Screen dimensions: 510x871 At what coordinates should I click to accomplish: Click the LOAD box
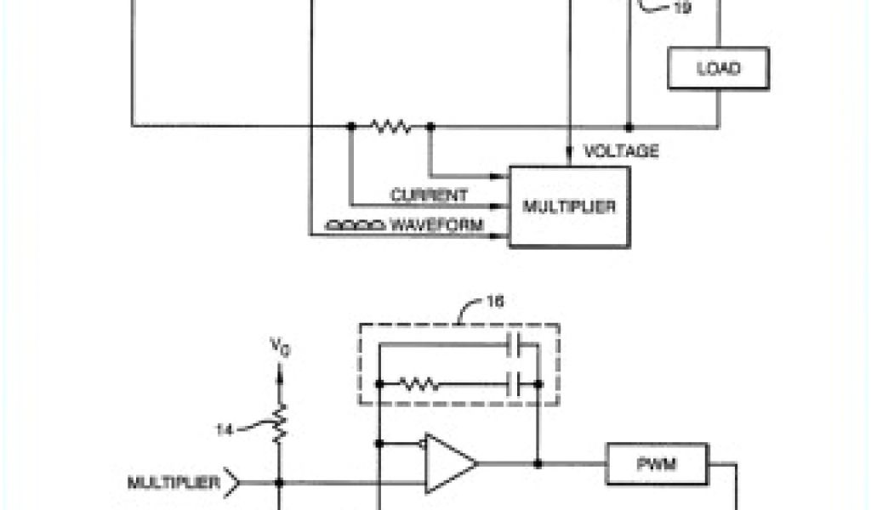tap(718, 68)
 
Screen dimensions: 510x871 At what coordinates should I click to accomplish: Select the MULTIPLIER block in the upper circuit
tap(569, 207)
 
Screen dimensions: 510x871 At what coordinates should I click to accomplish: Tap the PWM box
tap(657, 464)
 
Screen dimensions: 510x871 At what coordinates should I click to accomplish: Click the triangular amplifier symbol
tap(449, 464)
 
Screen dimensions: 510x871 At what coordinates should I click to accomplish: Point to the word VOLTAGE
tap(621, 151)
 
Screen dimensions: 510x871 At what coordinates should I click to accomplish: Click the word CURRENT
tap(429, 195)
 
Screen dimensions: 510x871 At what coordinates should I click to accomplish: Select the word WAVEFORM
tap(436, 225)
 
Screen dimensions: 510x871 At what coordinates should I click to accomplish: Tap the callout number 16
tap(494, 301)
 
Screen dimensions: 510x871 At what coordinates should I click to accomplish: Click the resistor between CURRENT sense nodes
tap(390, 127)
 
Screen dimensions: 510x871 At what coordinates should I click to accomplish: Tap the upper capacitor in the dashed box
tap(514, 345)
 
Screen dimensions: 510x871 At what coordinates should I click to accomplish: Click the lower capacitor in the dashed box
tap(514, 384)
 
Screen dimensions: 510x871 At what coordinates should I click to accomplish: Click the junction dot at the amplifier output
tap(538, 464)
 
